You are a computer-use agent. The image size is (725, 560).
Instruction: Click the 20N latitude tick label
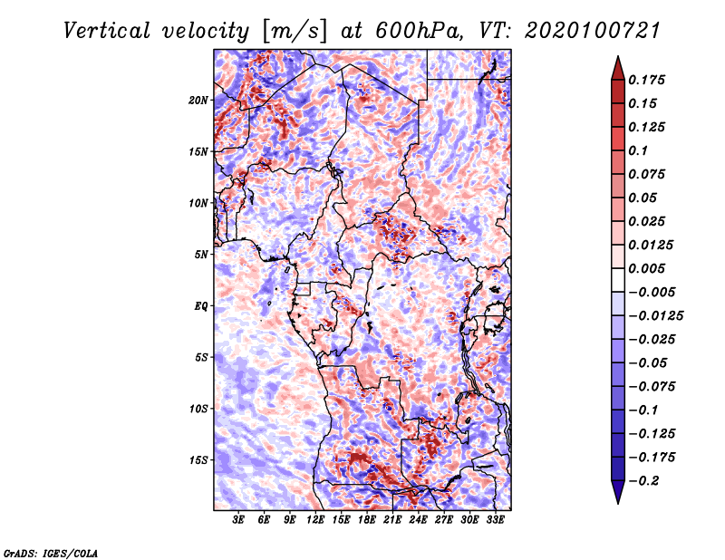198,100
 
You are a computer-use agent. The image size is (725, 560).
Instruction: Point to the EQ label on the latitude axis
200,305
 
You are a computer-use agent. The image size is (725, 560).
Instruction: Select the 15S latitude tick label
198,459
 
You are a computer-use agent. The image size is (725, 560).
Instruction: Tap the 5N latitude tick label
201,255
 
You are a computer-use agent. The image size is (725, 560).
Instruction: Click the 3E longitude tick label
239,521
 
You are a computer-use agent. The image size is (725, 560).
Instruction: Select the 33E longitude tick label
496,521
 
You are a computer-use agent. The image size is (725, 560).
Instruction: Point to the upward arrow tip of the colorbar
616,59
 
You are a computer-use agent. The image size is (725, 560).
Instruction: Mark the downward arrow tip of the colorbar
616,501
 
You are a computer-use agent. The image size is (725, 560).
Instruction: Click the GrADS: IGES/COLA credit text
51,552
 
